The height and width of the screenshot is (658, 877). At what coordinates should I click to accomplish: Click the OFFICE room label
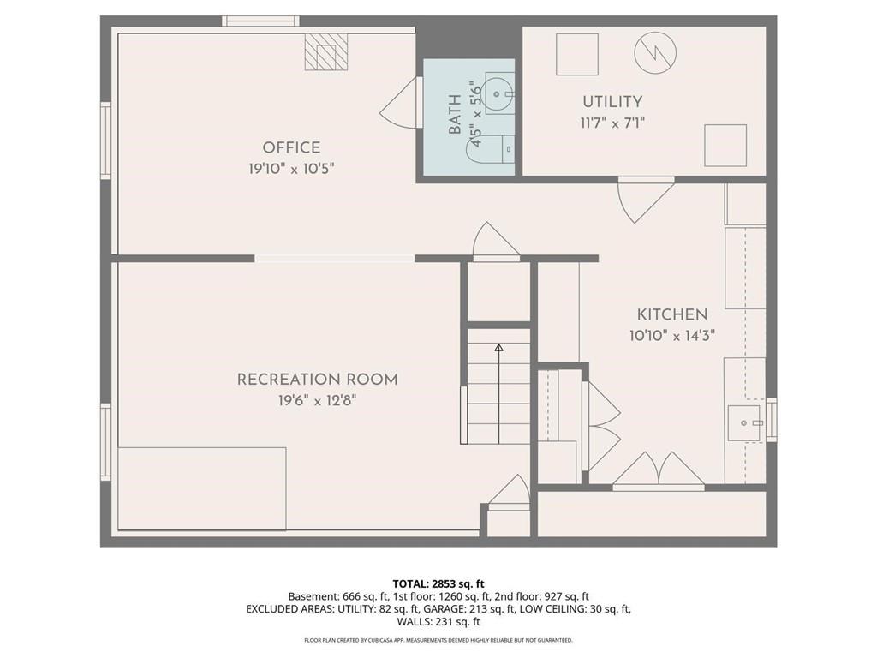pos(291,147)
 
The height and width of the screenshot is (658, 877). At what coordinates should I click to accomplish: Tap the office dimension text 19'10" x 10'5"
pos(291,169)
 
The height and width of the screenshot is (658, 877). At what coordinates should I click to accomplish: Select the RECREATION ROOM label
pos(317,380)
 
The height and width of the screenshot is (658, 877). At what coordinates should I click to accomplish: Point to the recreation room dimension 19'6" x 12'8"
pos(317,400)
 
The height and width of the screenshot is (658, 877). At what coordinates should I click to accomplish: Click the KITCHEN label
pos(671,314)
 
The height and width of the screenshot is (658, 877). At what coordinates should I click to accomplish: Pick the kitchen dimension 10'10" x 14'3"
pos(671,336)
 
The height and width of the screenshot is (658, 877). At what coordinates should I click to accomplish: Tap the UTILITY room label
pos(612,102)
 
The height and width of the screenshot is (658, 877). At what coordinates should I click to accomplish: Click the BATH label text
pos(454,115)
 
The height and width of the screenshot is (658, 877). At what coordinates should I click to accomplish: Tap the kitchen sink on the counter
pos(743,422)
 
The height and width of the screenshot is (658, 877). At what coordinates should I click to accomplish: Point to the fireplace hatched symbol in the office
pos(326,52)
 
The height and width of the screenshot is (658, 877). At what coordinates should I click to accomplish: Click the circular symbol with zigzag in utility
pos(655,53)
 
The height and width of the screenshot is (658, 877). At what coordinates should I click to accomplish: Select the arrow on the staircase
pos(498,348)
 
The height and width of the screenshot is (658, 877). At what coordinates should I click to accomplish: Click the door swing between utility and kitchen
pos(644,199)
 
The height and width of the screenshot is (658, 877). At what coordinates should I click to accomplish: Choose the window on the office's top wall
pos(260,21)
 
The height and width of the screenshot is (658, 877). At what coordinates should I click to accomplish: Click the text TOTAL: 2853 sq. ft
pos(438,583)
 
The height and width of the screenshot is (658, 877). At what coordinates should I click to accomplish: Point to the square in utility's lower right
pos(725,146)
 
